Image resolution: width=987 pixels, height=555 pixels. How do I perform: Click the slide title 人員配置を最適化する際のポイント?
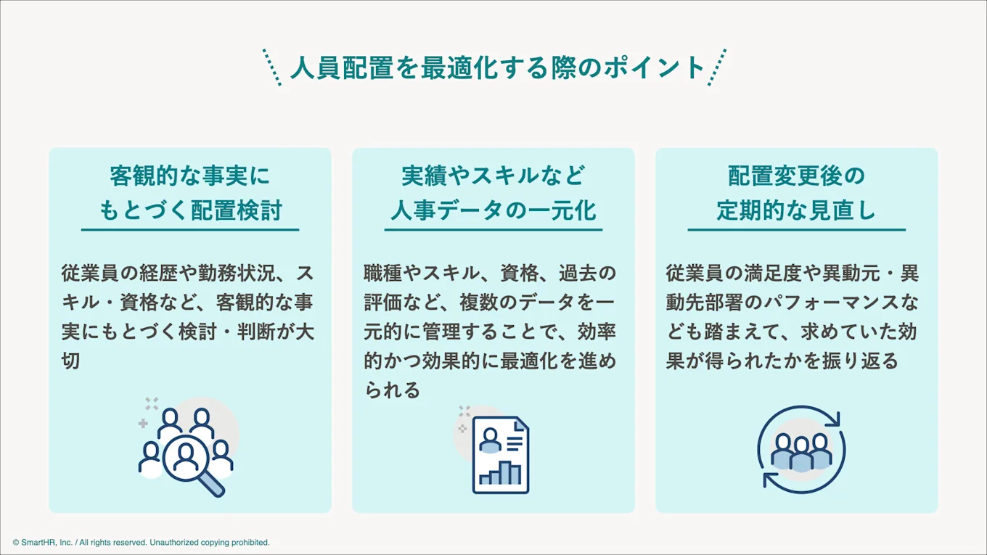click(x=497, y=67)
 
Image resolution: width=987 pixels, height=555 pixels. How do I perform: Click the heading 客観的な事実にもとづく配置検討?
click(x=189, y=193)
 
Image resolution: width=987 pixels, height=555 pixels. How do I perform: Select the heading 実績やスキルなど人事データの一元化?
click(x=493, y=193)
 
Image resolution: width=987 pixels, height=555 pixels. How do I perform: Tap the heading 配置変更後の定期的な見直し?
click(x=796, y=193)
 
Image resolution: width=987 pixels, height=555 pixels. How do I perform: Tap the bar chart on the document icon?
click(x=500, y=472)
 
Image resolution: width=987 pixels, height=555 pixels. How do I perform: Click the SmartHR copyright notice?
click(x=142, y=543)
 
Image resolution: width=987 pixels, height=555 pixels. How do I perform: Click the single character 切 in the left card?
click(x=70, y=361)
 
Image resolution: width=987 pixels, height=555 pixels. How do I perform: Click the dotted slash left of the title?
click(x=272, y=67)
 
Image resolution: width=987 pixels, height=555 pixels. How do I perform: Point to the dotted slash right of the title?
click(x=717, y=67)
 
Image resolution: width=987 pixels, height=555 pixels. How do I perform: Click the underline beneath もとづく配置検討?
click(x=189, y=230)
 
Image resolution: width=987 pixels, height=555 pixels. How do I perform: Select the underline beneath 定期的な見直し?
click(x=796, y=230)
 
